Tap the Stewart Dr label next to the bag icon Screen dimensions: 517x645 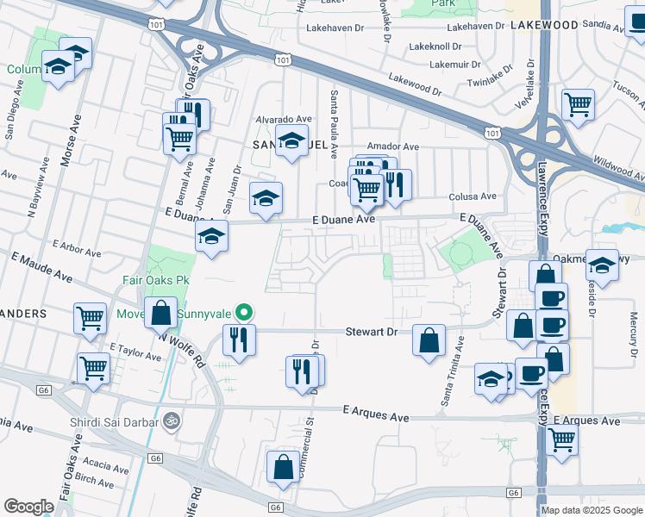click(371, 331)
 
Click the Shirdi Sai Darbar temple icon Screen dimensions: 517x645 click(171, 421)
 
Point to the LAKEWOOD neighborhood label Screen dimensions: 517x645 click(543, 25)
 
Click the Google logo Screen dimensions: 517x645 click(28, 506)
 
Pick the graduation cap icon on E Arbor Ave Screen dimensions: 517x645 click(210, 237)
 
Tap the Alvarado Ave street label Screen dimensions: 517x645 click(282, 119)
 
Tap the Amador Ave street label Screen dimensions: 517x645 click(392, 146)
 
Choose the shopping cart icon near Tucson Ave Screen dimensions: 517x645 click(578, 105)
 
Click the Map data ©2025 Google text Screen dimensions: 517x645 click(591, 509)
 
